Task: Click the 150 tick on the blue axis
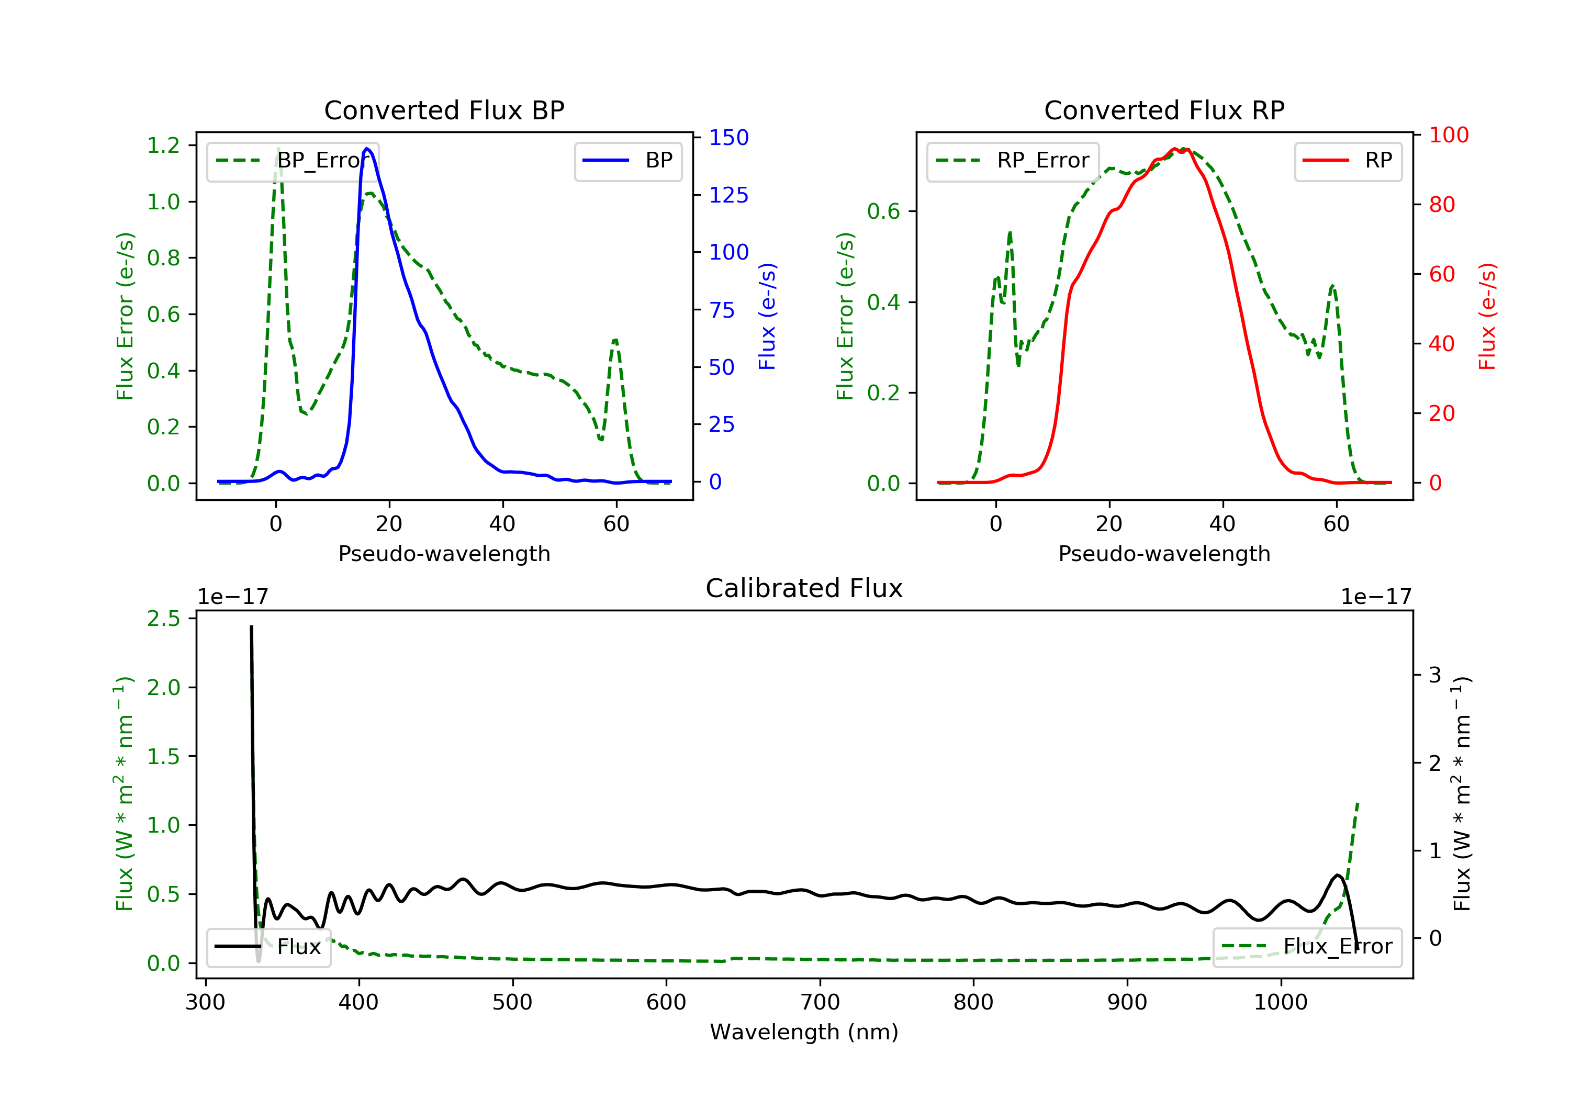pyautogui.click(x=728, y=138)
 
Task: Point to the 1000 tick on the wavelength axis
pyautogui.click(x=1280, y=1003)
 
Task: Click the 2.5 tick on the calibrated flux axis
pyautogui.click(x=164, y=619)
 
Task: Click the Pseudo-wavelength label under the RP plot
pyautogui.click(x=1164, y=554)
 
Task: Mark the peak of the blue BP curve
pyautogui.click(x=367, y=149)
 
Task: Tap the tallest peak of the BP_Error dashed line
pyautogui.click(x=277, y=149)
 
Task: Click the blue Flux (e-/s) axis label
pyautogui.click(x=767, y=316)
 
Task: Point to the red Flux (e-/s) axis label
pyautogui.click(x=1487, y=316)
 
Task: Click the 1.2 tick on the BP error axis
pyautogui.click(x=164, y=145)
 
